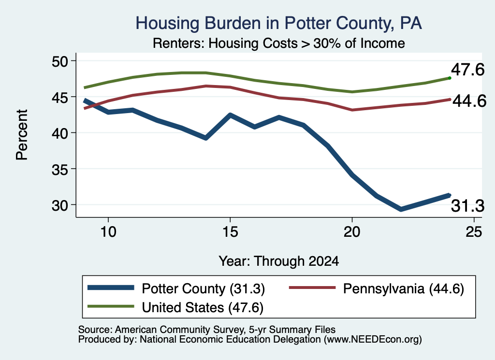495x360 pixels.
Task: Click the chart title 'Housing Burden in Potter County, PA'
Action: pyautogui.click(x=279, y=23)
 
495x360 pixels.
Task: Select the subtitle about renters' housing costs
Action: pyautogui.click(x=279, y=43)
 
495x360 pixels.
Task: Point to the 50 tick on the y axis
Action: pyautogui.click(x=60, y=61)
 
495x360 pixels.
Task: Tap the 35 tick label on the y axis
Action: pyautogui.click(x=60, y=169)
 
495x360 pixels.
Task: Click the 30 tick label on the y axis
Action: pyautogui.click(x=60, y=205)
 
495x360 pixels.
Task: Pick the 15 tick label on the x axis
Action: pyautogui.click(x=230, y=232)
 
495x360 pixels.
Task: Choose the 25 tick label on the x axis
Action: pyautogui.click(x=474, y=232)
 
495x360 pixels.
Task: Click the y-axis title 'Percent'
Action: pyautogui.click(x=22, y=135)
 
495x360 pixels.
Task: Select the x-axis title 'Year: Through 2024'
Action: pyautogui.click(x=279, y=261)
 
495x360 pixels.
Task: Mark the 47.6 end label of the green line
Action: pyautogui.click(x=467, y=70)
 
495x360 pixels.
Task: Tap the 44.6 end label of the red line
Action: pyautogui.click(x=469, y=101)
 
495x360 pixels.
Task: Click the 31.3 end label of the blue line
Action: pyautogui.click(x=467, y=206)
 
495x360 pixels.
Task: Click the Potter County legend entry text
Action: pyautogui.click(x=204, y=288)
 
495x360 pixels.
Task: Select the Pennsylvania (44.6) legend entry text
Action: pyautogui.click(x=404, y=288)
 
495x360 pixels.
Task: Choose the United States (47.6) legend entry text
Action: pyautogui.click(x=203, y=307)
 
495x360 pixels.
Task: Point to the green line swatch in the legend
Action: pyautogui.click(x=111, y=306)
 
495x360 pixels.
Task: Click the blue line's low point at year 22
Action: pyautogui.click(x=401, y=209)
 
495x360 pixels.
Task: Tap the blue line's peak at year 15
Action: pyautogui.click(x=230, y=115)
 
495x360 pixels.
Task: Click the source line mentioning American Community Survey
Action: pyautogui.click(x=207, y=330)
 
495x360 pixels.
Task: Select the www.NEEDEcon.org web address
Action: pyautogui.click(x=373, y=340)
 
